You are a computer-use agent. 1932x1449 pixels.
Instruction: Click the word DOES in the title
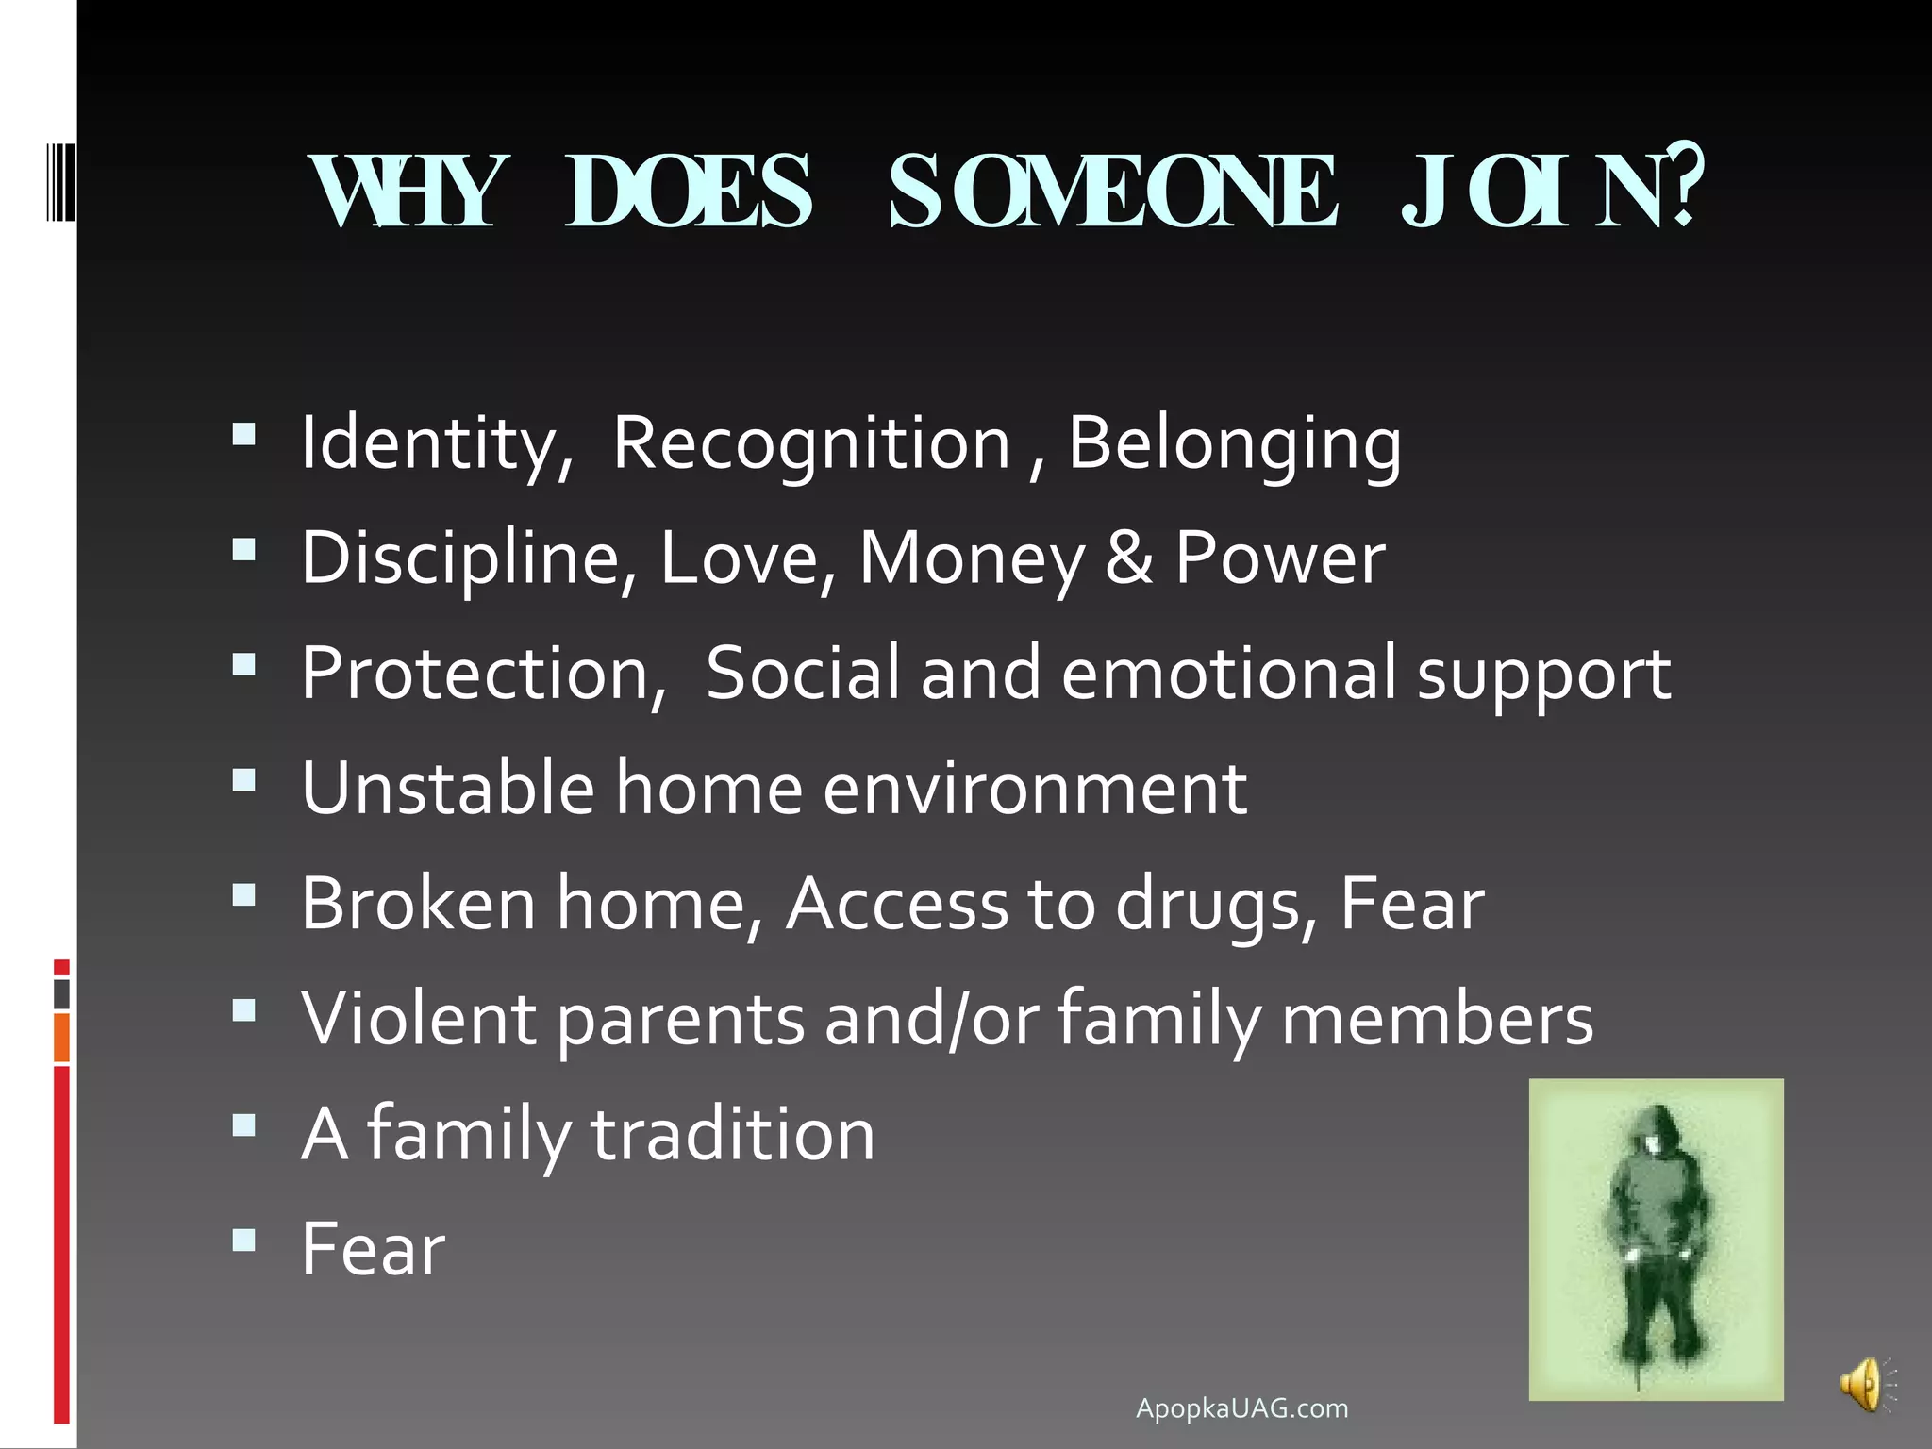point(688,192)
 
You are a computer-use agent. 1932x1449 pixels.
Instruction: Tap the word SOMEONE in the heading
point(1113,192)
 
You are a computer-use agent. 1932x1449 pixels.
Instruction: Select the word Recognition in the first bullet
point(811,442)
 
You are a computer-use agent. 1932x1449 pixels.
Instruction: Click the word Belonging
point(1234,442)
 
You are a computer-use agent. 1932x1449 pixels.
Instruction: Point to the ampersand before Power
point(1128,558)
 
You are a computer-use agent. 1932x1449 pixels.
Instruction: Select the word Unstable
point(448,788)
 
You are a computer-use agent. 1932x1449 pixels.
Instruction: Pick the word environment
point(1035,789)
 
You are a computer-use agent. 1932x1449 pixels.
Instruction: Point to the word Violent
point(418,1019)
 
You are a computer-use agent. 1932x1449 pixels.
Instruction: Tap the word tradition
point(733,1134)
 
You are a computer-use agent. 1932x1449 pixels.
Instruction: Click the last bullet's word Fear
point(374,1249)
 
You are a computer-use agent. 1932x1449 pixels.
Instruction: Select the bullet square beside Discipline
point(244,549)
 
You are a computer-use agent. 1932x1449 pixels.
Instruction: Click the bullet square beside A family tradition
point(244,1125)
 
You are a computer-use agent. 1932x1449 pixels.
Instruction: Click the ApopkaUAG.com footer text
point(1241,1408)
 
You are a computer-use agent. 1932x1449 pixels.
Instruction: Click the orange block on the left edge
point(62,1038)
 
